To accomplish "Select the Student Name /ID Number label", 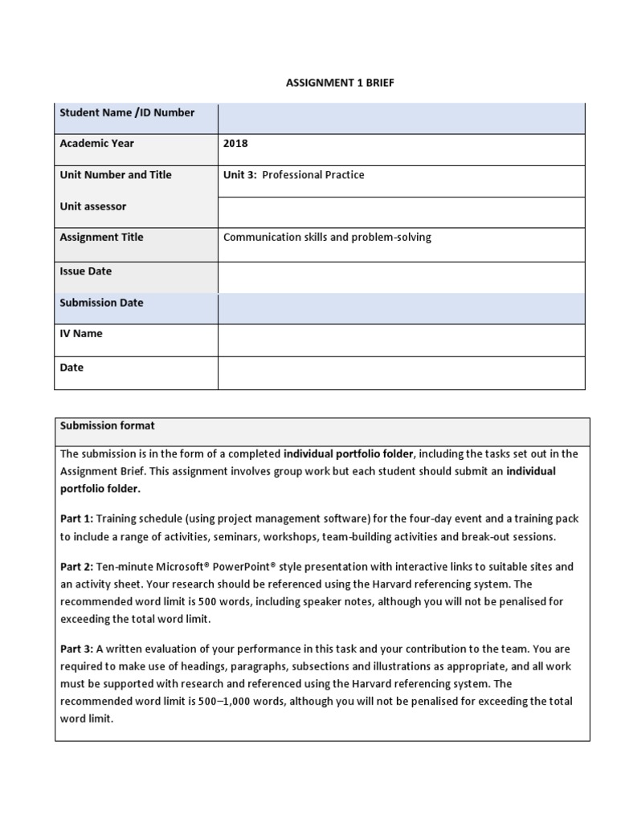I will pyautogui.click(x=127, y=113).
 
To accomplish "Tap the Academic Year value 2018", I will pyautogui.click(x=235, y=144).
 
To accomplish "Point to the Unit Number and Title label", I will pyautogui.click(x=116, y=175).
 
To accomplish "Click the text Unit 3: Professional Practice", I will pyautogui.click(x=293, y=175).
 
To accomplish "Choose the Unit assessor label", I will pyautogui.click(x=93, y=206).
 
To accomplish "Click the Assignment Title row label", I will pyautogui.click(x=101, y=238).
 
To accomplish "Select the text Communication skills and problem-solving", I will pyautogui.click(x=327, y=238).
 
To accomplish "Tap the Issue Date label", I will pyautogui.click(x=86, y=271).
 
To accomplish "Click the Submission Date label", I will pyautogui.click(x=102, y=303).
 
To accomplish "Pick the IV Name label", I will pyautogui.click(x=81, y=334).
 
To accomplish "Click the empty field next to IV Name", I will pyautogui.click(x=401, y=340).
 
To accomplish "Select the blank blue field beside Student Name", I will pyautogui.click(x=401, y=118).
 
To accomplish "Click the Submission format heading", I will pyautogui.click(x=108, y=425).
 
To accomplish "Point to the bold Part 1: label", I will pyautogui.click(x=76, y=519).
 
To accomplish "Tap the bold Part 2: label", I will pyautogui.click(x=76, y=567).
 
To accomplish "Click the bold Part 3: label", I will pyautogui.click(x=76, y=649).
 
